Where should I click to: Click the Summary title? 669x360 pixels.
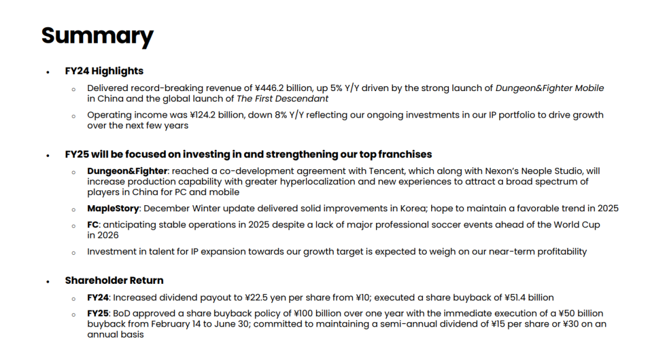(x=97, y=37)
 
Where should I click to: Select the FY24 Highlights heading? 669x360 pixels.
(x=104, y=71)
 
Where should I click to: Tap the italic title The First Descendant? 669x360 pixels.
(x=282, y=99)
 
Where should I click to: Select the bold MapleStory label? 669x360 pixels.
(x=113, y=209)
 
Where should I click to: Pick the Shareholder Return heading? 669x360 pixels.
(x=114, y=281)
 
